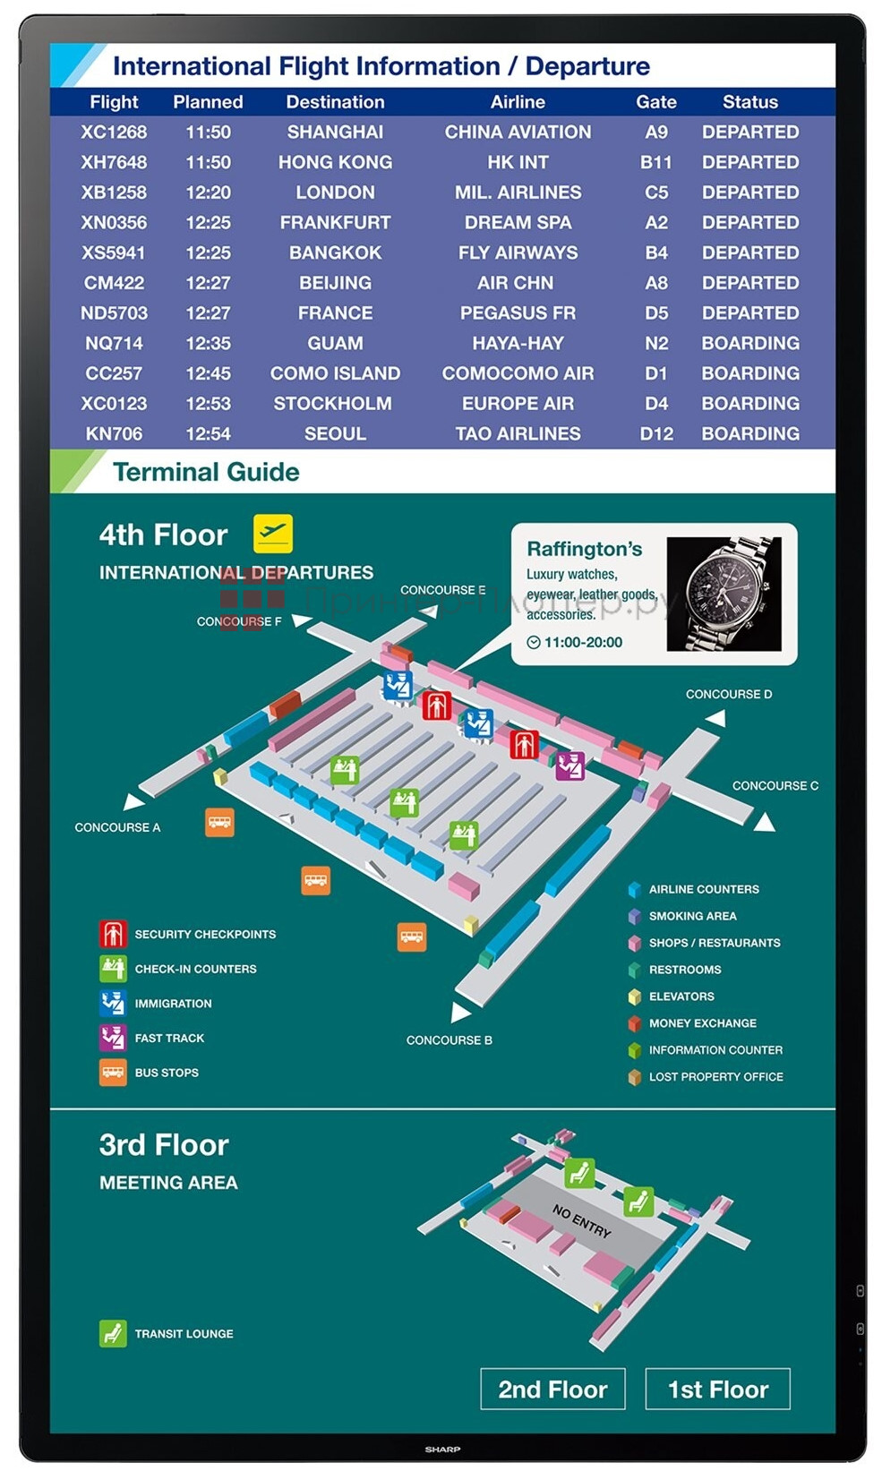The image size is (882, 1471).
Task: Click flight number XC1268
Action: tap(114, 133)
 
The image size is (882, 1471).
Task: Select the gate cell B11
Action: tap(655, 162)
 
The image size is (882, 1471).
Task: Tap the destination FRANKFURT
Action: tap(335, 223)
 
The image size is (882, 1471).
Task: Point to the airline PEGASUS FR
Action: tap(518, 313)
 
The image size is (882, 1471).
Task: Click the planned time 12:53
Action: tap(208, 404)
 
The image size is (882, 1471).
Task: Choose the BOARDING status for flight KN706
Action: tap(749, 434)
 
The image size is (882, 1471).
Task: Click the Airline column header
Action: tap(518, 102)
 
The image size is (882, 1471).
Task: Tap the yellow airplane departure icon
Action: tap(273, 534)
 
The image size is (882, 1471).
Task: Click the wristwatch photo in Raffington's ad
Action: tap(724, 594)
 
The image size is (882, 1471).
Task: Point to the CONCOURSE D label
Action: tap(728, 694)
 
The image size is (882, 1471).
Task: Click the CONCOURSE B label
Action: tap(449, 1039)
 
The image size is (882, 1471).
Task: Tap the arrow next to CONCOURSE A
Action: tap(133, 800)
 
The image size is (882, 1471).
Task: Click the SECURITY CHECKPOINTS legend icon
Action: tap(113, 934)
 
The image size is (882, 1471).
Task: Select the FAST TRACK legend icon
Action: tap(113, 1038)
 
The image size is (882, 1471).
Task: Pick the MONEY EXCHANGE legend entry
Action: tap(702, 1023)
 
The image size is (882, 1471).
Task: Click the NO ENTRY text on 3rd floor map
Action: tap(581, 1220)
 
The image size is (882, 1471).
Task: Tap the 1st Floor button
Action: tap(717, 1389)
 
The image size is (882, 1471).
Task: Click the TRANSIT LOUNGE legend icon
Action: tap(113, 1333)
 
